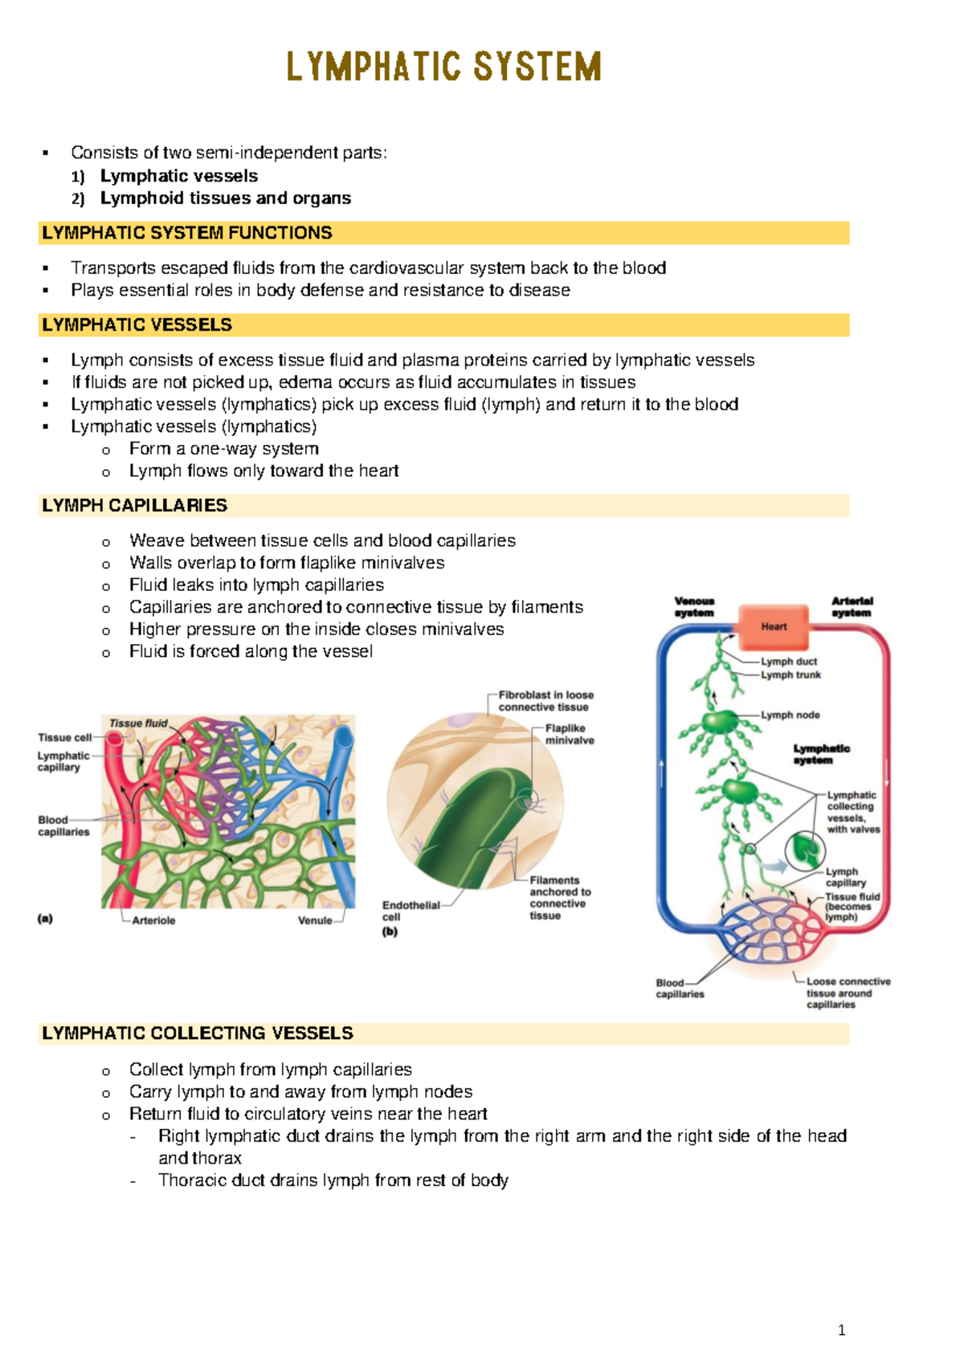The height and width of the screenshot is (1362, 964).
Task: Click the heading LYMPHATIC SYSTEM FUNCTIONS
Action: pyautogui.click(x=187, y=233)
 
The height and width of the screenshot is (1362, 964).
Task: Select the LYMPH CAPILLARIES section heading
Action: pyautogui.click(x=135, y=505)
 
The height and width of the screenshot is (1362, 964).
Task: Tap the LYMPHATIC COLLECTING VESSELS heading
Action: pyautogui.click(x=198, y=1033)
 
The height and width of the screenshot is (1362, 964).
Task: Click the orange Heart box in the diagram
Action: pyautogui.click(x=774, y=626)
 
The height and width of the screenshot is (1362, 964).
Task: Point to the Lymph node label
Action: pyautogui.click(x=790, y=715)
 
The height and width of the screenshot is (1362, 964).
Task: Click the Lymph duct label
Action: pyautogui.click(x=789, y=662)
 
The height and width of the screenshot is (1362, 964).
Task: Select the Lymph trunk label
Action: pyautogui.click(x=791, y=675)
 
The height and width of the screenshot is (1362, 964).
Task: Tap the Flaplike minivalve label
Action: pyautogui.click(x=570, y=734)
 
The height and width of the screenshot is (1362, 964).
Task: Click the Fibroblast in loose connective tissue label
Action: pyautogui.click(x=545, y=701)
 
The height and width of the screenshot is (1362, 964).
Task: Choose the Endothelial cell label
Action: pyautogui.click(x=411, y=911)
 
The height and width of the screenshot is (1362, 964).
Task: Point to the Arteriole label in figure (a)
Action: pyautogui.click(x=153, y=920)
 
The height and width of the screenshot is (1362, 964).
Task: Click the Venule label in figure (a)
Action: pyautogui.click(x=315, y=920)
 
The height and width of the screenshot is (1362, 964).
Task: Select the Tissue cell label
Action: pyautogui.click(x=64, y=737)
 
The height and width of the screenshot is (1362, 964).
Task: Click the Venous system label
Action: pyautogui.click(x=694, y=607)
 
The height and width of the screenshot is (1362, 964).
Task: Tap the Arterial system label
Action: pyautogui.click(x=852, y=607)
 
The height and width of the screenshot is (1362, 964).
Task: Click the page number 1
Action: pyautogui.click(x=841, y=1330)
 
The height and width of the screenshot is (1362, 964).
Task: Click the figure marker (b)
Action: pyautogui.click(x=390, y=932)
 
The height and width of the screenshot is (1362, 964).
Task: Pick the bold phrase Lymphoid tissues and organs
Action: pyautogui.click(x=226, y=198)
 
